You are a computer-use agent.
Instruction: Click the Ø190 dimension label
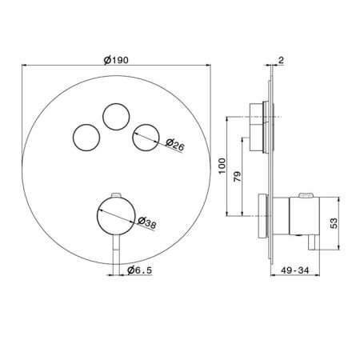116,60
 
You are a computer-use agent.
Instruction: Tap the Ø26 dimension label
175,145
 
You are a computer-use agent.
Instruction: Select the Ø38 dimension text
147,222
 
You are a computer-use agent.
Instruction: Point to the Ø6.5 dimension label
139,270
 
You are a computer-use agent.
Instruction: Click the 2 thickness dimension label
281,60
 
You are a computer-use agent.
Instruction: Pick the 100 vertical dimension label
222,166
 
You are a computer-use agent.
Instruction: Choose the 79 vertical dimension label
237,177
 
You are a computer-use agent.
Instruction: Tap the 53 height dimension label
334,223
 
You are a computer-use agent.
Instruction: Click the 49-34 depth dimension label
295,270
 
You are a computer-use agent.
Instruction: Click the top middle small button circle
116,104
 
